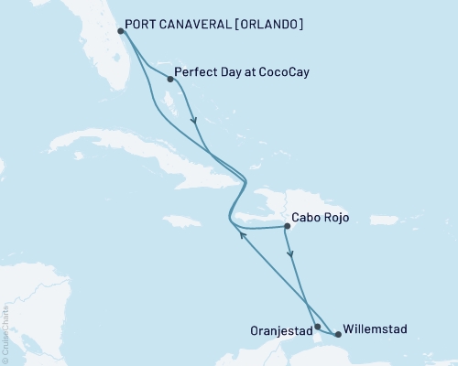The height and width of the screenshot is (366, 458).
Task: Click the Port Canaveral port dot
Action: point(121,31)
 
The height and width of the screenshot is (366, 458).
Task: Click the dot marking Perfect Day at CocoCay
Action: point(169,79)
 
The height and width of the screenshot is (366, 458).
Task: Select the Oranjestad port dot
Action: point(317,327)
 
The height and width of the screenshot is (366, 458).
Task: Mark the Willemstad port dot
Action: point(339,334)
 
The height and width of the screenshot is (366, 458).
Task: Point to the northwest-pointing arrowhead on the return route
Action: point(242,235)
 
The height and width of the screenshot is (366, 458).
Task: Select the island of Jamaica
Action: point(181,221)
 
